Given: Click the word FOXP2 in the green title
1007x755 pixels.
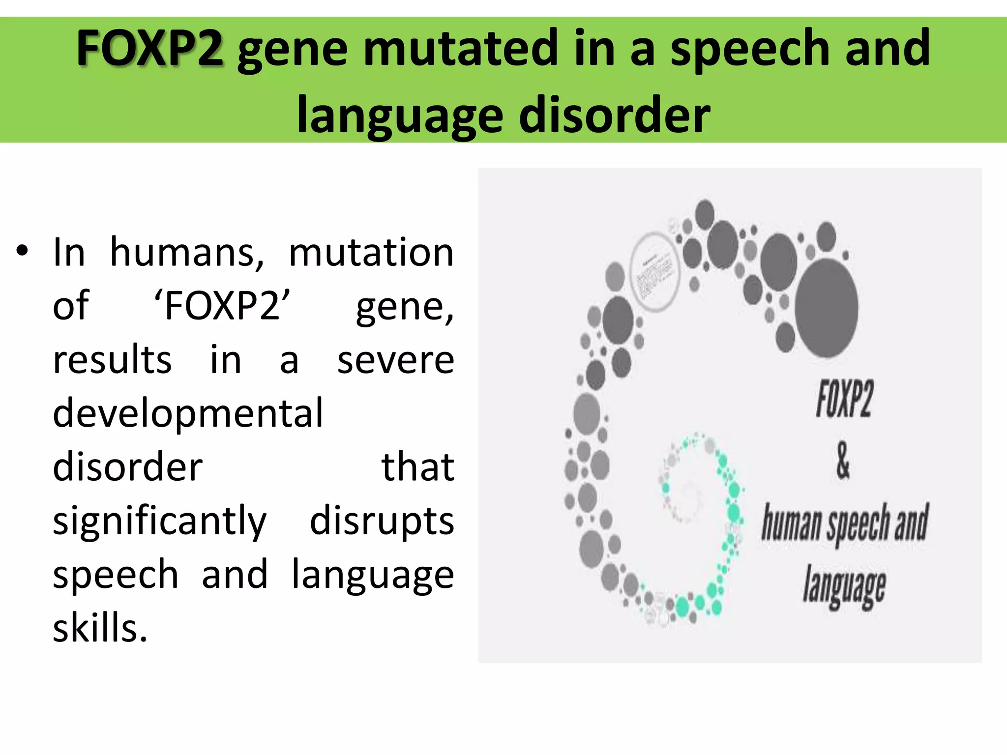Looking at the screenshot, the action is (150, 48).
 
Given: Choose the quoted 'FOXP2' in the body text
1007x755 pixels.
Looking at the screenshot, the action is (222, 306).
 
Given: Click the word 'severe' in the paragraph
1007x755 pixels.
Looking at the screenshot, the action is (395, 360).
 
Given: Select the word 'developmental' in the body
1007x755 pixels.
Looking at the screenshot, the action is (188, 413).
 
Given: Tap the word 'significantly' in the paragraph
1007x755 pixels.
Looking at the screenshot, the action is (159, 521).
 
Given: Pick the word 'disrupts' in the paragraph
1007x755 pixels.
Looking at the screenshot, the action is (382, 521).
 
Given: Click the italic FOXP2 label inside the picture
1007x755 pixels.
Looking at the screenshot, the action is (844, 399).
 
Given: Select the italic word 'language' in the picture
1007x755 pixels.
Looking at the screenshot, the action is (844, 586).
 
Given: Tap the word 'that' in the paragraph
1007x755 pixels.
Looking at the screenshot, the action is (417, 466).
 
